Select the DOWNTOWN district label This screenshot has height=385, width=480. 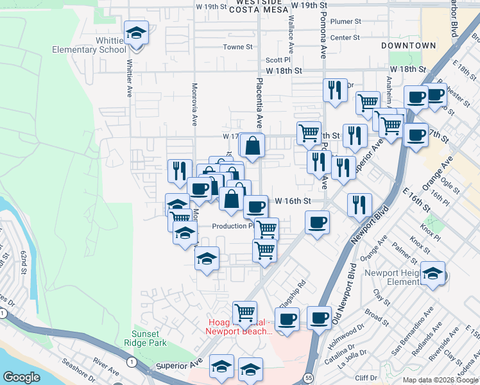pyautogui.click(x=408, y=46)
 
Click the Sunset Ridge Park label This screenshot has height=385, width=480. pyautogui.click(x=150, y=338)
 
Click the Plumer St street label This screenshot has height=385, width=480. pyautogui.click(x=346, y=21)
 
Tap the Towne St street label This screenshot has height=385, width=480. pyautogui.click(x=238, y=47)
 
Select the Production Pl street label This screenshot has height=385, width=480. pyautogui.click(x=233, y=226)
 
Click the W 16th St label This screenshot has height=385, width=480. pyautogui.click(x=293, y=201)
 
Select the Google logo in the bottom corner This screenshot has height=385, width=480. pyautogui.click(x=21, y=377)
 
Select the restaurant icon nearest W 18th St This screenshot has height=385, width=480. pyautogui.click(x=334, y=90)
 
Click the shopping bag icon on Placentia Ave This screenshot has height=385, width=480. pyautogui.click(x=253, y=146)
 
